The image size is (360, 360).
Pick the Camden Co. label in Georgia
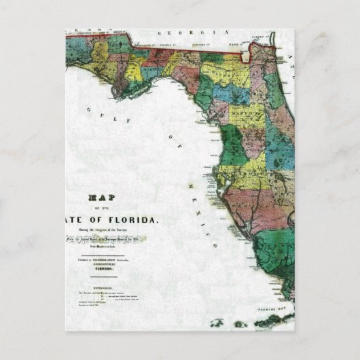point(257,36)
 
